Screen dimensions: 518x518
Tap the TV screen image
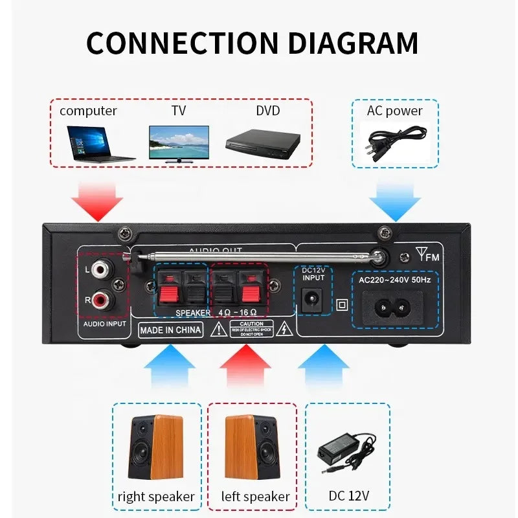pyautogui.click(x=179, y=142)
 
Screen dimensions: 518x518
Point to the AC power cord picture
pyautogui.click(x=396, y=141)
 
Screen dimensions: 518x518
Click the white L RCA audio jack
pyautogui.click(x=101, y=267)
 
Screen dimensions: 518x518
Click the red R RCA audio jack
pyautogui.click(x=101, y=300)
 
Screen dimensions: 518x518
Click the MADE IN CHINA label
pyautogui.click(x=171, y=330)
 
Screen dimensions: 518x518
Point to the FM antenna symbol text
pyautogui.click(x=428, y=256)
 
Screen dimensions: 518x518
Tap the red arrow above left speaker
pyautogui.click(x=245, y=367)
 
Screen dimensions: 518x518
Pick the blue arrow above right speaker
pyautogui.click(x=169, y=367)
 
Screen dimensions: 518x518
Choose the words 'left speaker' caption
pyautogui.click(x=255, y=497)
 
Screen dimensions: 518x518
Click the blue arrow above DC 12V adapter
pyautogui.click(x=324, y=367)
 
